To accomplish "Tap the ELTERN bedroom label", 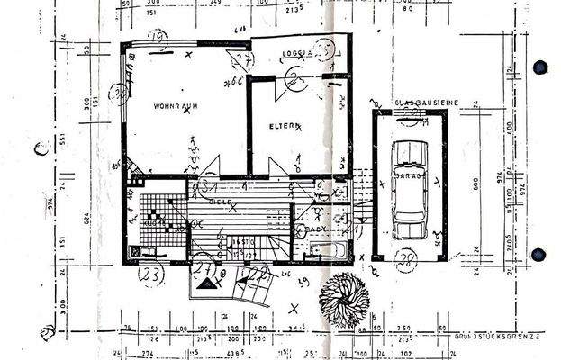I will tap(282, 127).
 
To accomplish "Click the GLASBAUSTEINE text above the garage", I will tap(425, 103).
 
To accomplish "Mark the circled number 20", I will tap(117, 92).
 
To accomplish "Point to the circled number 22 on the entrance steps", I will tap(256, 272).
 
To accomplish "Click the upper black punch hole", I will tap(541, 65).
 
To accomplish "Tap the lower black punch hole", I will tap(541, 253).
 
